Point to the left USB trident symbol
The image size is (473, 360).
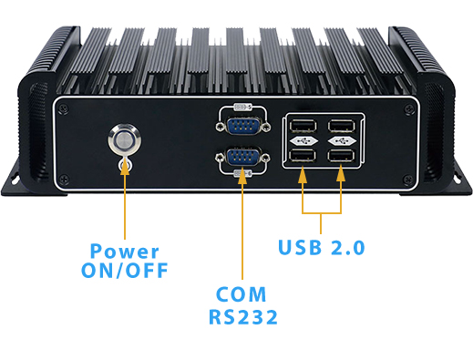point(302,143)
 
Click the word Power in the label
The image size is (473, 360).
point(125,252)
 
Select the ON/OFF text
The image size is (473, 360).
point(125,271)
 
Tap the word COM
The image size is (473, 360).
point(242,295)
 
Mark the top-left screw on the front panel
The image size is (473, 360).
point(62,107)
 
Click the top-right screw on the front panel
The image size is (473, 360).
point(407,107)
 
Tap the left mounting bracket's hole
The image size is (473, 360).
point(15,180)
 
